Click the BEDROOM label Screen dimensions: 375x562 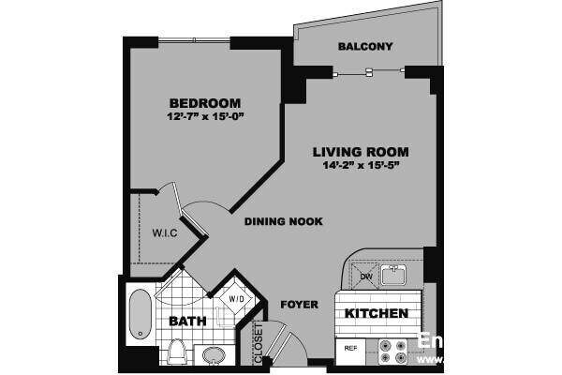tap(205, 102)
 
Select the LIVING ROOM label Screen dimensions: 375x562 tap(361, 152)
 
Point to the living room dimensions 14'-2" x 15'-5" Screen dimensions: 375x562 tap(361, 167)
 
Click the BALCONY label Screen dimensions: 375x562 tap(365, 47)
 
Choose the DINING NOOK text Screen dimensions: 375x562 tap(283, 222)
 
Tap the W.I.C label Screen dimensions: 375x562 tap(154, 233)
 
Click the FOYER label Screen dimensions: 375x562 tap(299, 305)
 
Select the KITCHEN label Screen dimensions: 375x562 tap(377, 313)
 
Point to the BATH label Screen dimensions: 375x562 tap(186, 322)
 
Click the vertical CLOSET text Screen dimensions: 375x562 tap(259, 342)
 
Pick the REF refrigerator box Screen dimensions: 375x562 tap(352, 348)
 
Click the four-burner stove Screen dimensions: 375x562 tap(392, 351)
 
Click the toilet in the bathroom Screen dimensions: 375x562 tap(176, 352)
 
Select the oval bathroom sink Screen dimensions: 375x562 tap(214, 356)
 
